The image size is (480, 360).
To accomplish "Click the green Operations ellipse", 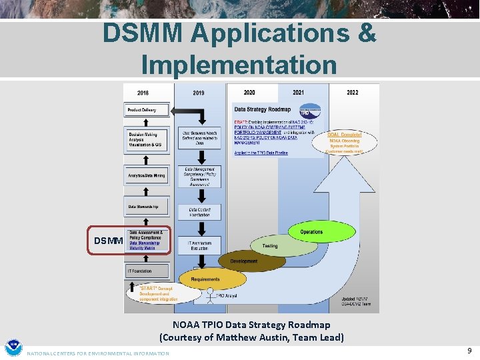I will point(312,232).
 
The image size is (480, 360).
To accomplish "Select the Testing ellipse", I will point(270,245).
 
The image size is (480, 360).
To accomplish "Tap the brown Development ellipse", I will point(243,261).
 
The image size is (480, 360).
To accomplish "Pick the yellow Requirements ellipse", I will point(205,279).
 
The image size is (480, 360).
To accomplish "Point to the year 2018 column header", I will point(143,93).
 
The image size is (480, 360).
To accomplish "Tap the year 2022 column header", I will point(352,93).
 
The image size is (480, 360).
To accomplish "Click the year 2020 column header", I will point(249,93).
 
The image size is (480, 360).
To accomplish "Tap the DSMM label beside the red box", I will point(108,241).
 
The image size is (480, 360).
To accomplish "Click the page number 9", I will point(469,349).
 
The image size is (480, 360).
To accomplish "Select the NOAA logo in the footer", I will point(13,348).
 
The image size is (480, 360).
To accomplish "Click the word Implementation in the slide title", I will point(239,65).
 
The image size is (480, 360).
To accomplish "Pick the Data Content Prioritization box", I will point(198,212).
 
